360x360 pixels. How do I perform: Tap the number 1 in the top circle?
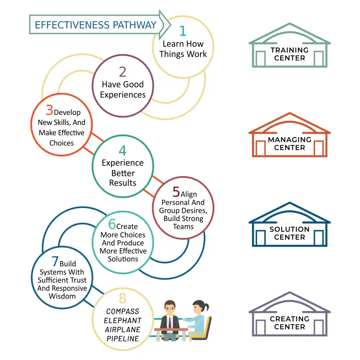pyautogui.click(x=183, y=31)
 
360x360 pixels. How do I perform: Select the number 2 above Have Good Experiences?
pyautogui.click(x=122, y=72)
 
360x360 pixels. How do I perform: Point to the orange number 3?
pyautogui.click(x=49, y=110)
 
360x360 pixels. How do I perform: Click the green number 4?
pyautogui.click(x=122, y=150)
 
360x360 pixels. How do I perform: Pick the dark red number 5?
pyautogui.click(x=176, y=192)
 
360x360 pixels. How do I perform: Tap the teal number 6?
pyautogui.click(x=112, y=225)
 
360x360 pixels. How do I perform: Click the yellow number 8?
pyautogui.click(x=122, y=298)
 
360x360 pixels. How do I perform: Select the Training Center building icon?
pyautogui.click(x=289, y=46)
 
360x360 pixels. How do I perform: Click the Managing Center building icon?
pyautogui.click(x=289, y=135)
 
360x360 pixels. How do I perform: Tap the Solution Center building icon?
pyautogui.click(x=289, y=225)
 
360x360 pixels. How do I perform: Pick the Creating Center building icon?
pyautogui.click(x=289, y=315)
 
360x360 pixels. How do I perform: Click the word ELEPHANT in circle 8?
pyautogui.click(x=122, y=320)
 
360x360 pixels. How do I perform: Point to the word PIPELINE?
pyautogui.click(x=122, y=339)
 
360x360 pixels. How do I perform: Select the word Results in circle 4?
pyautogui.click(x=122, y=183)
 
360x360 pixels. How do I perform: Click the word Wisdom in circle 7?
pyautogui.click(x=62, y=296)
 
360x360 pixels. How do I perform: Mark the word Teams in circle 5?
pyautogui.click(x=183, y=227)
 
